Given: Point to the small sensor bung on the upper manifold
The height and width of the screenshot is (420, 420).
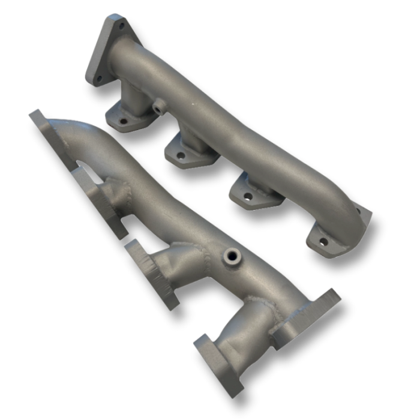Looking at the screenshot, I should pyautogui.click(x=158, y=109).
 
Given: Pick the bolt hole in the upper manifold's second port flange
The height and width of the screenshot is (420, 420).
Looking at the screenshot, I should pyautogui.click(x=181, y=155).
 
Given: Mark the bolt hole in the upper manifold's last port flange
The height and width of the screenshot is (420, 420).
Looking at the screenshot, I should pyautogui.click(x=323, y=242).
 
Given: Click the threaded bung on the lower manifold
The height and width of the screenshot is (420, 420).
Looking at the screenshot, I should pyautogui.click(x=230, y=257).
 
